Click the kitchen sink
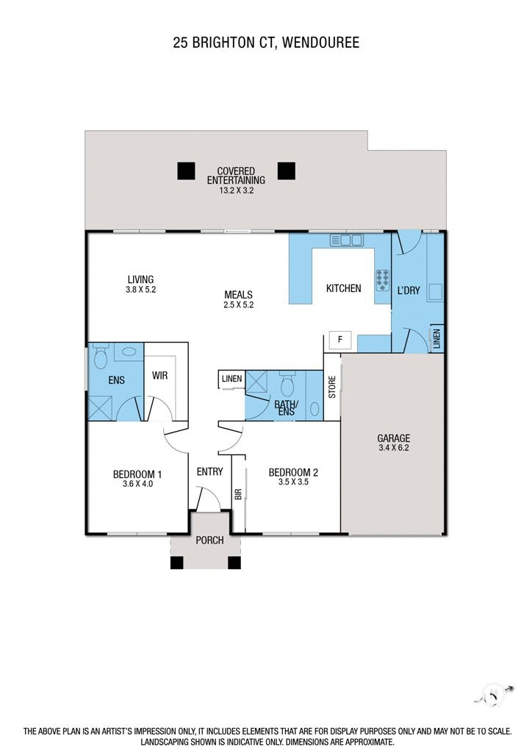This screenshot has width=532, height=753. pos(348,240)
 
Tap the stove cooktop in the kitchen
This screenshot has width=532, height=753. pos(383,277)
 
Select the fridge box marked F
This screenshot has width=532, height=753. pos(340,339)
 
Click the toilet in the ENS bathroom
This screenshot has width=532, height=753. pos(101,357)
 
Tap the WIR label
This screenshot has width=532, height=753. pos(160,375)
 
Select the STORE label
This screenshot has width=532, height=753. pos(331,388)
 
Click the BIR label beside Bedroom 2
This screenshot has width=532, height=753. pos(238,494)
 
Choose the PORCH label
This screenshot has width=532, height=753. pos(209,540)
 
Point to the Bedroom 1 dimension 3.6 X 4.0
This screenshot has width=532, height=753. pos(137,485)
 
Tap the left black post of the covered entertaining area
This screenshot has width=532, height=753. pos(187,171)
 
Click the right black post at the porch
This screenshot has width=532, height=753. pos(234,563)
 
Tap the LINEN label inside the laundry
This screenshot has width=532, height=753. pos(436,339)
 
